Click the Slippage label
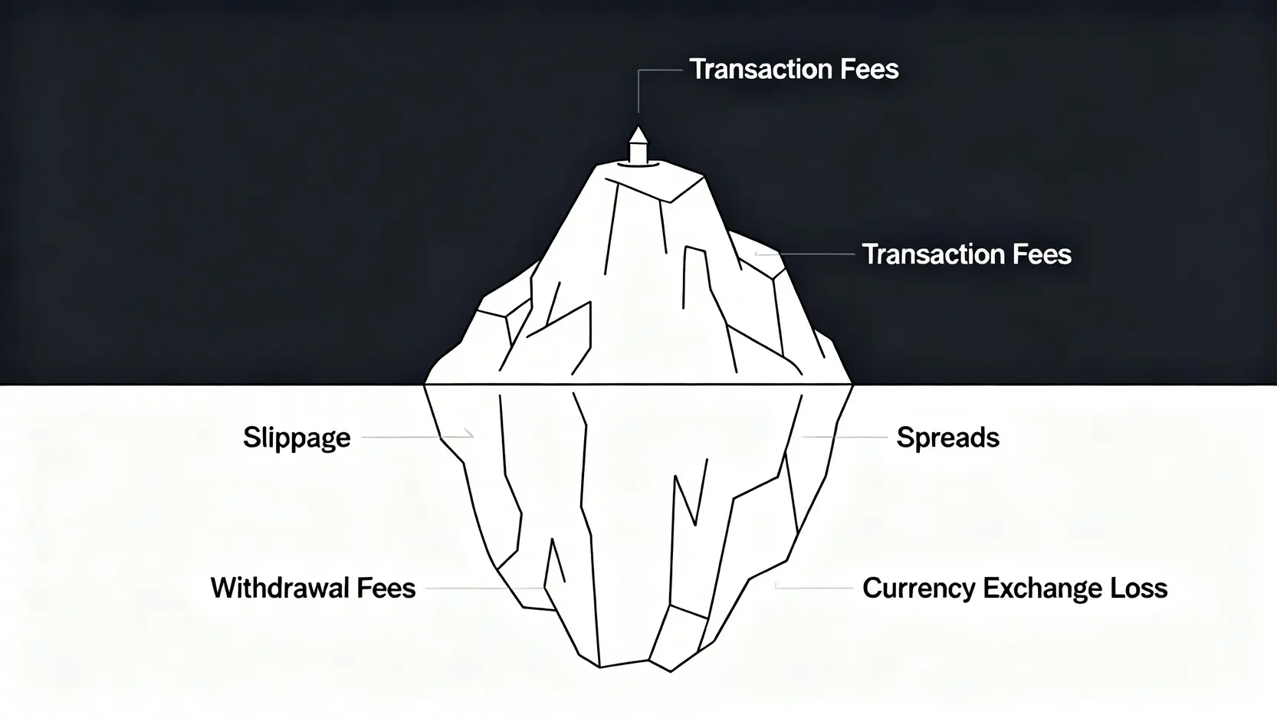(297, 438)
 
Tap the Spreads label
(947, 438)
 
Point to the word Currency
(918, 588)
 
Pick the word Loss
(1139, 588)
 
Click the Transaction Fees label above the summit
(794, 69)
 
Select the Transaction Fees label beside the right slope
(967, 254)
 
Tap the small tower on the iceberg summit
(638, 147)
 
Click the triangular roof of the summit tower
(638, 135)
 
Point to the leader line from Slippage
(414, 437)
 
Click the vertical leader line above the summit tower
(638, 92)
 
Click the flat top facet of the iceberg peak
(655, 181)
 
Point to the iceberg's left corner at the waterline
(426, 383)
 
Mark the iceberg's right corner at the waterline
(851, 383)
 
